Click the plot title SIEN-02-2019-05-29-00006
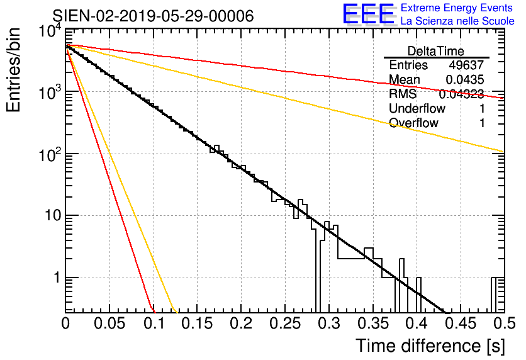153,16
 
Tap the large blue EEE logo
368,15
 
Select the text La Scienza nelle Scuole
457,21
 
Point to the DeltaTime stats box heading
436,51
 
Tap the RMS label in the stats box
403,94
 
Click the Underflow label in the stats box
417,108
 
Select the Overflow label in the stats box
413,123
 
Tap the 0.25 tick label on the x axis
284,323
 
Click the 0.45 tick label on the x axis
460,323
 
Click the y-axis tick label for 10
45,216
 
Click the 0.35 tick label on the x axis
372,323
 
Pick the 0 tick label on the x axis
65,323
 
